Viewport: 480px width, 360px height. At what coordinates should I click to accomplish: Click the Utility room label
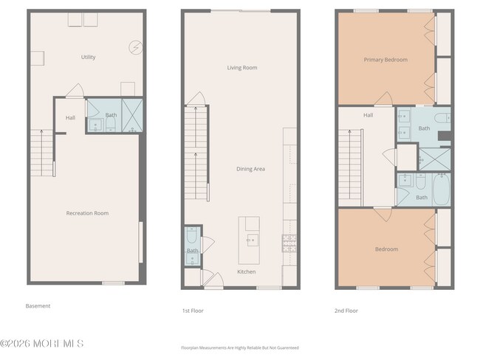pyautogui.click(x=88, y=57)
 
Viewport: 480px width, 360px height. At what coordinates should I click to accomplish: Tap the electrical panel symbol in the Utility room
pyautogui.click(x=135, y=47)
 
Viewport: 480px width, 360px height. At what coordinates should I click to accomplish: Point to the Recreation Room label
pyautogui.click(x=87, y=213)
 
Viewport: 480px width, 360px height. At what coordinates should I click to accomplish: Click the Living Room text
pyautogui.click(x=241, y=68)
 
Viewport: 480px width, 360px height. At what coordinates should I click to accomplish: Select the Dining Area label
pyautogui.click(x=250, y=169)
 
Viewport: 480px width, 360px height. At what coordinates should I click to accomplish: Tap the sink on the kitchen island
pyautogui.click(x=252, y=239)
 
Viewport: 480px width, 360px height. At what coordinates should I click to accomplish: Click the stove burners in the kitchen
pyautogui.click(x=289, y=238)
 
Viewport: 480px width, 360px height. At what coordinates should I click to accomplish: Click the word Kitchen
pyautogui.click(x=246, y=272)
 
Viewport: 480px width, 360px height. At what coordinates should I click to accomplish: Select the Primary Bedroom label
pyautogui.click(x=385, y=60)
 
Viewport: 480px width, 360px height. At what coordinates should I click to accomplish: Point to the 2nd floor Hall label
pyautogui.click(x=368, y=115)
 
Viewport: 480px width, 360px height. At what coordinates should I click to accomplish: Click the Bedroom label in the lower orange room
pyautogui.click(x=386, y=249)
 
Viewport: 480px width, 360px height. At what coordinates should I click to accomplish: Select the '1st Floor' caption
pyautogui.click(x=192, y=311)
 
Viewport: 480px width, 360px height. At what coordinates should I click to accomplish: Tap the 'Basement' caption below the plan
pyautogui.click(x=38, y=306)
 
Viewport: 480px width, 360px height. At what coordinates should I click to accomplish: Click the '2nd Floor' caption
pyautogui.click(x=346, y=311)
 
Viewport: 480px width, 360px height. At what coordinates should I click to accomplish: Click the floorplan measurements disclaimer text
pyautogui.click(x=240, y=347)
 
